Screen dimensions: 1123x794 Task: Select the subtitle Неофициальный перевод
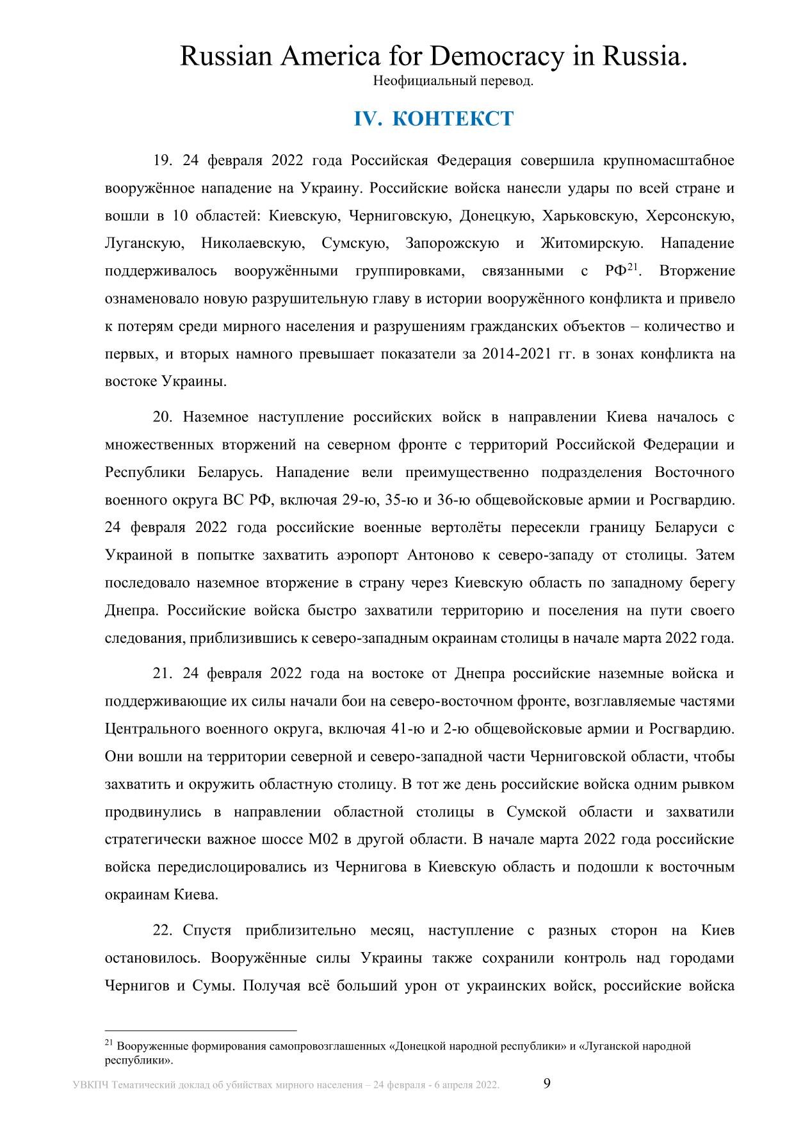click(x=453, y=81)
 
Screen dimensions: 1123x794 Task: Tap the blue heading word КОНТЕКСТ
click(x=453, y=118)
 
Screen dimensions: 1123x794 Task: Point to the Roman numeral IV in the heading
click(x=368, y=118)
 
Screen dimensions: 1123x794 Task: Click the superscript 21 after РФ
click(x=633, y=267)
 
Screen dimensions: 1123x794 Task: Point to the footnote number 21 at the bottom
click(x=108, y=1043)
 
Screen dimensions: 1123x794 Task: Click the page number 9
click(x=547, y=1083)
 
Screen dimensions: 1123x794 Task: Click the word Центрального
click(x=150, y=729)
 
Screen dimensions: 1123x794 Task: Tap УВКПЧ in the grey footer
click(x=90, y=1085)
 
